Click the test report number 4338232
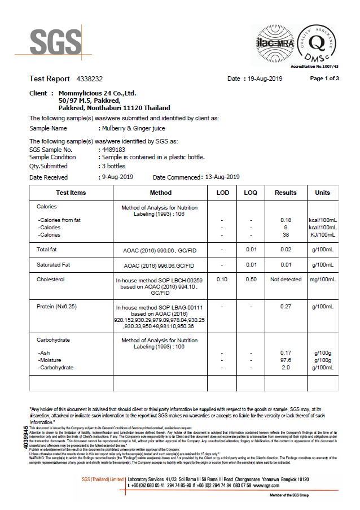(89, 79)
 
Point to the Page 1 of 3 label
(324, 79)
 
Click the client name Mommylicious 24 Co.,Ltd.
(98, 93)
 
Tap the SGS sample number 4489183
(113, 150)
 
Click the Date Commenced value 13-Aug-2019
(222, 177)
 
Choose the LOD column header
(223, 193)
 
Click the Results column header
(286, 193)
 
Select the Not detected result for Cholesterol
(286, 280)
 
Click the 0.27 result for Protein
(286, 307)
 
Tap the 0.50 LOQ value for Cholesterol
(251, 280)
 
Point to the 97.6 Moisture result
(286, 360)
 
